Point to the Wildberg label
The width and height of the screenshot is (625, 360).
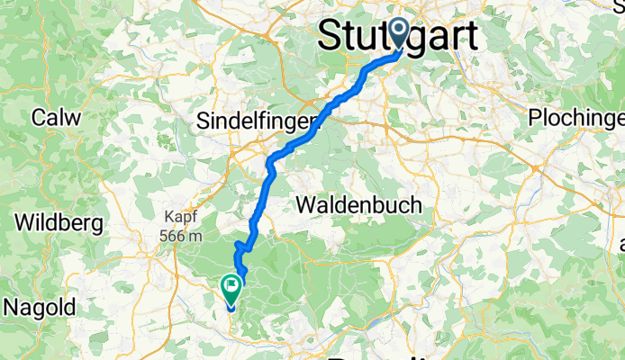point(56,221)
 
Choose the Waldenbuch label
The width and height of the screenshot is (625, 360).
point(358,205)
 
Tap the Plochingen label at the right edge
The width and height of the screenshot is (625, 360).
point(576,118)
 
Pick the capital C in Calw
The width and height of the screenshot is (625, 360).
point(40,118)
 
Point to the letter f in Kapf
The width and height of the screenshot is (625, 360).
point(196,217)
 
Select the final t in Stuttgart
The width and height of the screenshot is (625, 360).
point(472,37)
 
